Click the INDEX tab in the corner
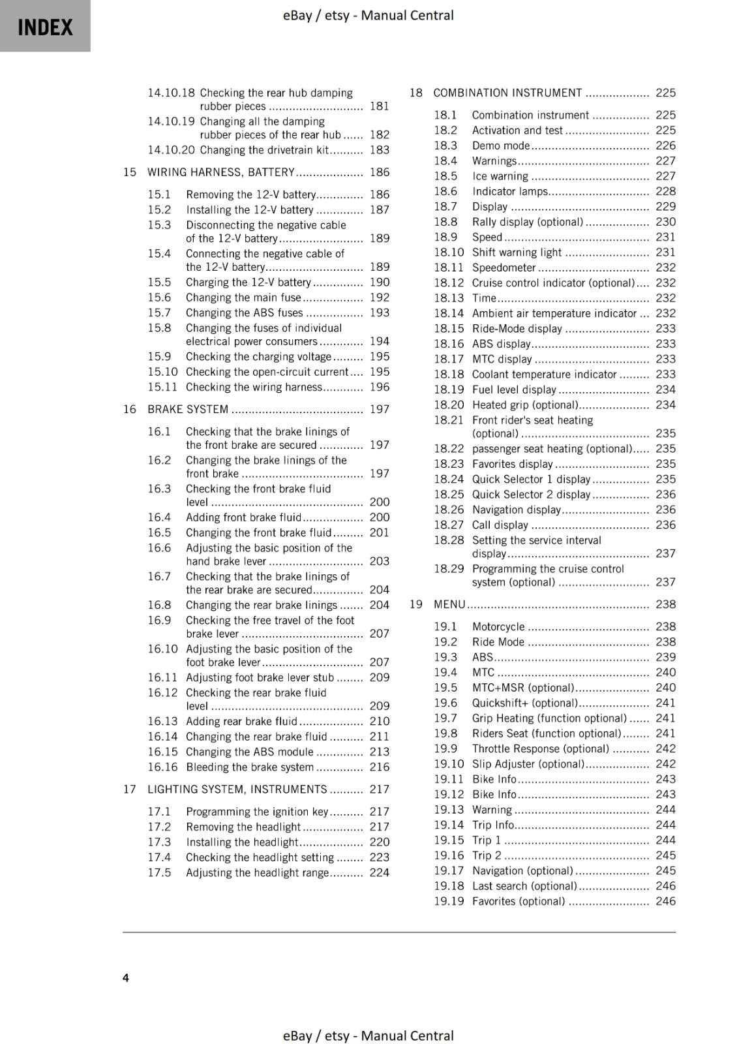45,27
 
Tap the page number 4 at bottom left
126,977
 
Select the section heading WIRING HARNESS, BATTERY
220,172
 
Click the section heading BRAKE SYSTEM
188,409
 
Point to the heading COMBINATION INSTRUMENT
507,93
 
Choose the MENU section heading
449,604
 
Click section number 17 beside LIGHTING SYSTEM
130,789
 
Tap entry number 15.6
159,298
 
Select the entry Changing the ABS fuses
245,313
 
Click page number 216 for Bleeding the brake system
379,767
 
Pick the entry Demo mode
501,146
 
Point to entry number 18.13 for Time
449,298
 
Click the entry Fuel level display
514,390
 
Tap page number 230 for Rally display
665,222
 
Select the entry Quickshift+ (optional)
525,703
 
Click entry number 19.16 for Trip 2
449,855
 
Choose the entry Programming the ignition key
257,812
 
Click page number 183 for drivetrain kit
379,150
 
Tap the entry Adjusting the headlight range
257,872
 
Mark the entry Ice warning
500,176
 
